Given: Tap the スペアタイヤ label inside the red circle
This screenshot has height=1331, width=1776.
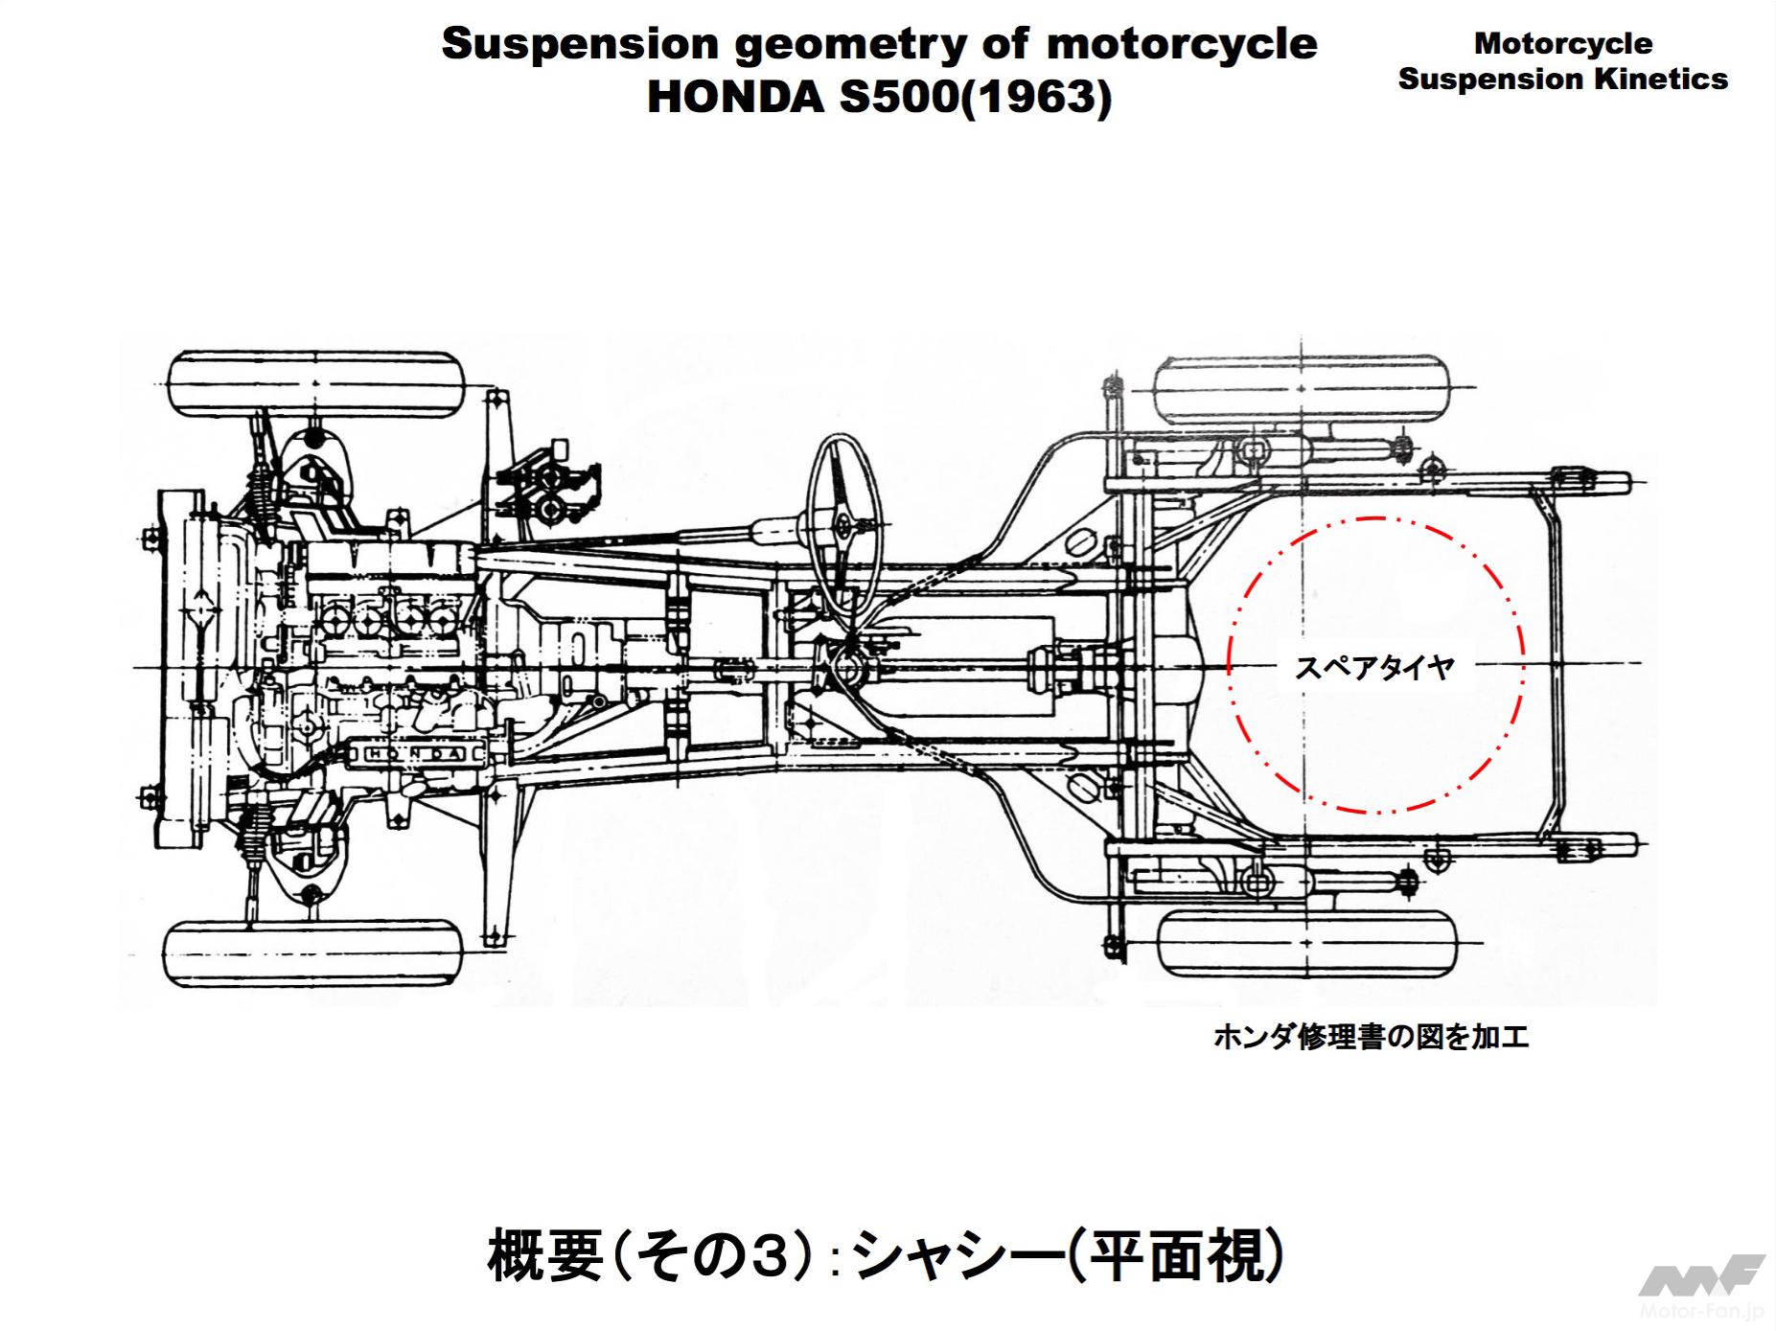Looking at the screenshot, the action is pos(1374,668).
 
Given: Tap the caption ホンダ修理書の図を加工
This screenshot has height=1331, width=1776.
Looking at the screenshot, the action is pos(1371,1036).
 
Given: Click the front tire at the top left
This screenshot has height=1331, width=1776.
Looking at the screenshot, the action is pos(316,384).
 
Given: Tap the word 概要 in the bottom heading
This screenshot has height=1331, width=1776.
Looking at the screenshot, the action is pos(544,1255).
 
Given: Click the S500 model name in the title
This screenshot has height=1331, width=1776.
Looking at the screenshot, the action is pos(898,98).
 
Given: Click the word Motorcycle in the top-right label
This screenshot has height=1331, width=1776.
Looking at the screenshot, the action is pos(1562,43).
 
